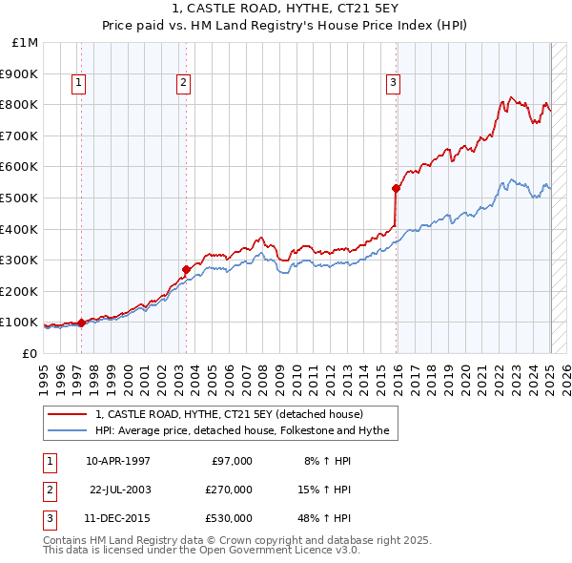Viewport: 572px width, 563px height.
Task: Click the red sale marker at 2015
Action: click(x=396, y=188)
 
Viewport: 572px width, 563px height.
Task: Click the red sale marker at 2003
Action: click(x=187, y=269)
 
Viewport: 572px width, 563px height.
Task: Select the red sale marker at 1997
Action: click(x=81, y=323)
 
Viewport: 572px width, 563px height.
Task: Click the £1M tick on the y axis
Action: click(x=26, y=43)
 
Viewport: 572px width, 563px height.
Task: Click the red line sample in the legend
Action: click(x=67, y=415)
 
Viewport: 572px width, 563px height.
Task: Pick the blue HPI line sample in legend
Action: click(x=67, y=431)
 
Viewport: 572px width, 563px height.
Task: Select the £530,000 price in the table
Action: click(x=229, y=519)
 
